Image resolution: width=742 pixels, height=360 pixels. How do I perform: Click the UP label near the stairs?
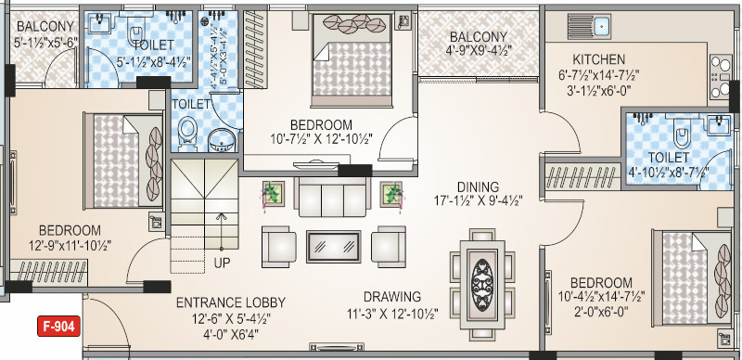pos(224,263)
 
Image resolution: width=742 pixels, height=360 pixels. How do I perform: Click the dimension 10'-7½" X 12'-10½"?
pos(320,140)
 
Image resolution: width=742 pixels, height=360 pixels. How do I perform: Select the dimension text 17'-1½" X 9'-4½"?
pos(478,200)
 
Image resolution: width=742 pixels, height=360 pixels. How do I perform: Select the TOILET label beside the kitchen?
pos(670,157)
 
